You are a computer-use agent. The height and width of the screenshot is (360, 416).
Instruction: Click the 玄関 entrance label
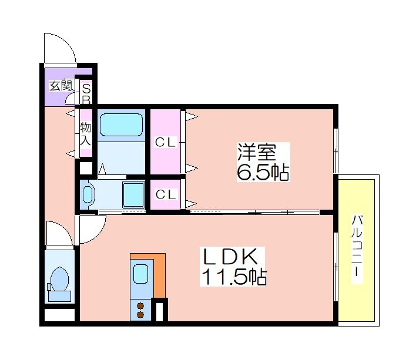(61, 86)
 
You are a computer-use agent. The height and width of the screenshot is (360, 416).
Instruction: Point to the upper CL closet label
(166, 142)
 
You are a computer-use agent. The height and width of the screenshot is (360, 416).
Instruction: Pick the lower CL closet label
(166, 194)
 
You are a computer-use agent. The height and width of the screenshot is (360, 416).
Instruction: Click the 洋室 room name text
(257, 152)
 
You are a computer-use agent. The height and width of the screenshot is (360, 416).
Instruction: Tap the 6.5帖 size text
(263, 173)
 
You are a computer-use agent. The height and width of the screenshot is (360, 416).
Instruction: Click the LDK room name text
(230, 257)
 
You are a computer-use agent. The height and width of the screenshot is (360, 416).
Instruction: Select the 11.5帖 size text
(234, 277)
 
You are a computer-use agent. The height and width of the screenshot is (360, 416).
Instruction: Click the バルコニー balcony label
(357, 249)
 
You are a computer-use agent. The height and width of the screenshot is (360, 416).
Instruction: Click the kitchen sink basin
(140, 274)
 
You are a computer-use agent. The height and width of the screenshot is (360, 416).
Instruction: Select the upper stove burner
(140, 306)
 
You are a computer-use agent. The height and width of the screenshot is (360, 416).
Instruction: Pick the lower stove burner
(140, 315)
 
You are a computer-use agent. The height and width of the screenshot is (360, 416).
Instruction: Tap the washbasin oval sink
(87, 195)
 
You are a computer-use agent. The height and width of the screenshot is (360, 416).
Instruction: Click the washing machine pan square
(133, 194)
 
